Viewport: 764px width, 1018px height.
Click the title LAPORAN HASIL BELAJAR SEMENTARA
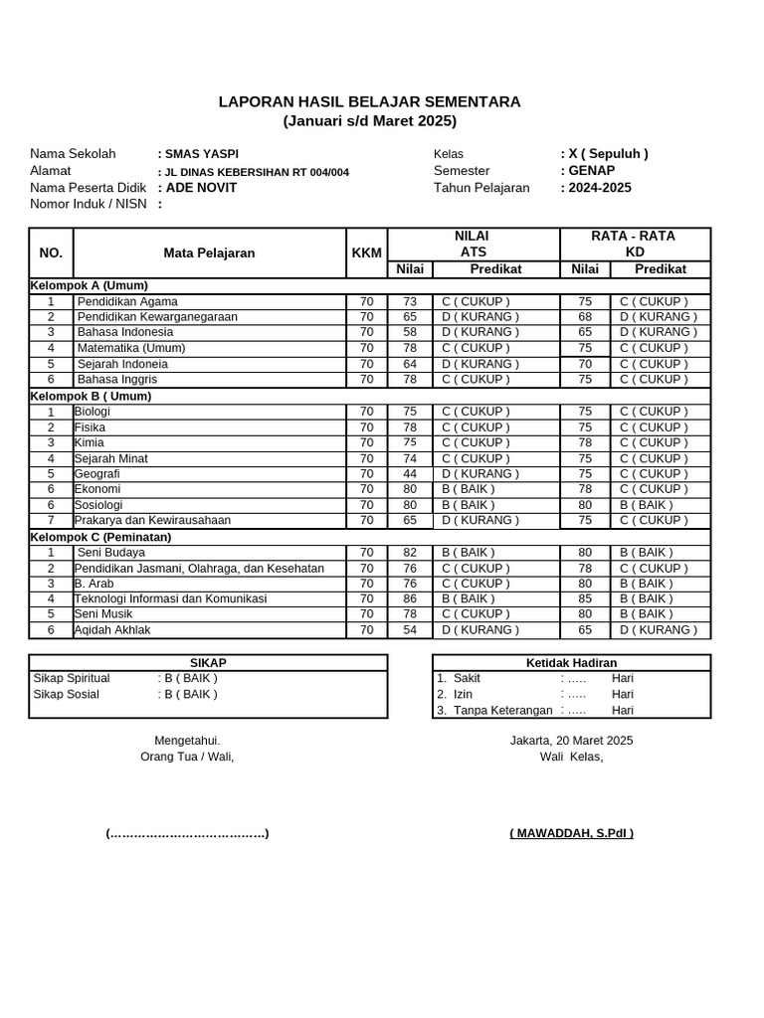369,102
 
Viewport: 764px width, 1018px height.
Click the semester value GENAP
592,171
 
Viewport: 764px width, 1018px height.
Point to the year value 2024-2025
600,188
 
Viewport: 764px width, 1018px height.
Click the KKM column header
366,253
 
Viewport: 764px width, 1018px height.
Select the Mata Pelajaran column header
209,253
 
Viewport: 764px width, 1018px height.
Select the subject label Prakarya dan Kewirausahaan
152,520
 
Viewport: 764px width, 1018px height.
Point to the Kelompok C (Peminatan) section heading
100,537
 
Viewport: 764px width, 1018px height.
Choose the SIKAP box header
208,663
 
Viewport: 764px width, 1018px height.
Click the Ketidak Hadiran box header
571,663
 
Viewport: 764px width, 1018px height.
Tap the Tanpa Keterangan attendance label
502,711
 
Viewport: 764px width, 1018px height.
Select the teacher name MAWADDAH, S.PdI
571,833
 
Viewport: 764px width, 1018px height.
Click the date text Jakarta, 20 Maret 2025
571,741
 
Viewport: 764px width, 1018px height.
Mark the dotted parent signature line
187,833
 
